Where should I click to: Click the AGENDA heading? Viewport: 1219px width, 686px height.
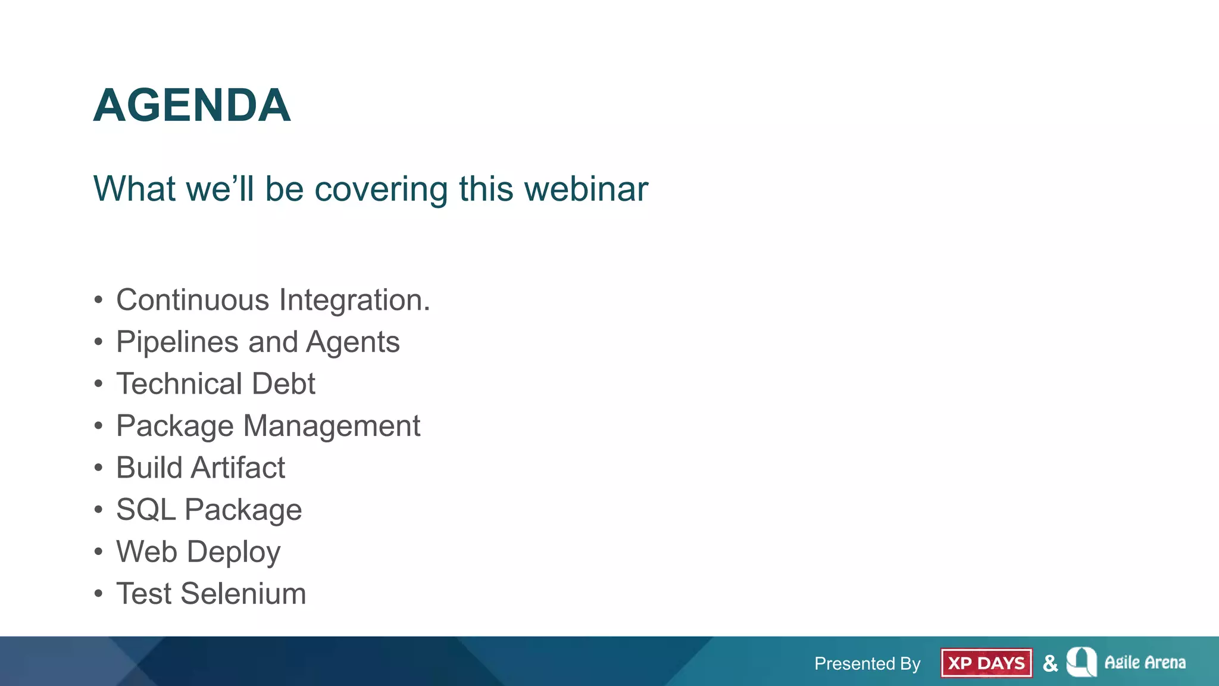pyautogui.click(x=192, y=105)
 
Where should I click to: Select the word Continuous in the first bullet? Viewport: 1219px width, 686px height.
pyautogui.click(x=193, y=300)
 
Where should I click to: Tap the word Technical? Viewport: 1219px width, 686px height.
pyautogui.click(x=179, y=383)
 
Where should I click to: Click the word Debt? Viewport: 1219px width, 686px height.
pyautogui.click(x=283, y=383)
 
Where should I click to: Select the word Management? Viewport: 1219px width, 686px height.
pyautogui.click(x=332, y=426)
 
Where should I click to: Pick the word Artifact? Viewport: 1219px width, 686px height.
pyautogui.click(x=238, y=467)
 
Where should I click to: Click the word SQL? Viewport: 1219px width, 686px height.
pyautogui.click(x=146, y=510)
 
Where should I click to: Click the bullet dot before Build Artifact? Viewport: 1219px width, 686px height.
pyautogui.click(x=98, y=468)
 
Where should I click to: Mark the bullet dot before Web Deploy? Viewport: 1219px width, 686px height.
pyautogui.click(x=98, y=552)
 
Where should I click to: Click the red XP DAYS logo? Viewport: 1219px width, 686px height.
pyautogui.click(x=986, y=663)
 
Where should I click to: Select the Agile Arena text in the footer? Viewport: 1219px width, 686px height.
pyautogui.click(x=1145, y=662)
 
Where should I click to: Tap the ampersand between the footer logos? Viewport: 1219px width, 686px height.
pyautogui.click(x=1050, y=663)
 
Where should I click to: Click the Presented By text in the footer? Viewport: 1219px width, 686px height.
pyautogui.click(x=867, y=663)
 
